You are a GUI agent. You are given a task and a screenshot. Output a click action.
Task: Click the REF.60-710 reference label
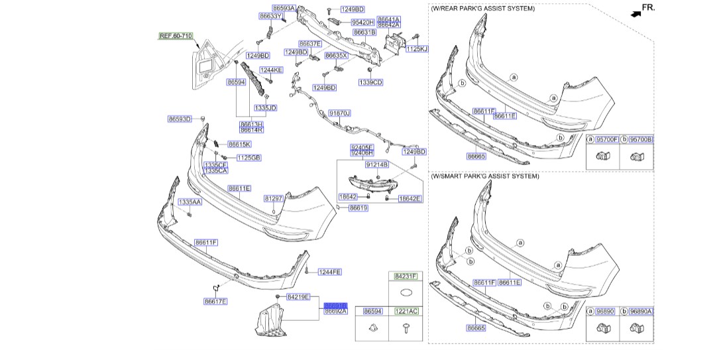click(176, 36)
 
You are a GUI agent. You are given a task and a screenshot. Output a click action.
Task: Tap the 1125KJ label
click(417, 49)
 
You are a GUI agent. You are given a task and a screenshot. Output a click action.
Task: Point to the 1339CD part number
click(370, 82)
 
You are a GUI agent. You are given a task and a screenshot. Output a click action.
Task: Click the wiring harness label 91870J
click(339, 113)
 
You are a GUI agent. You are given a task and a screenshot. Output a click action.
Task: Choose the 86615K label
click(239, 144)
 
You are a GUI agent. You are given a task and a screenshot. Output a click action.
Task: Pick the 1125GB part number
click(249, 157)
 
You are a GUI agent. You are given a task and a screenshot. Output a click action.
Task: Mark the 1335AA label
click(190, 202)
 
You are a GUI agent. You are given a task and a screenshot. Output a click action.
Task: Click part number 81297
click(274, 198)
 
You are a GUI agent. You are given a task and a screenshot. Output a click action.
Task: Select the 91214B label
click(376, 164)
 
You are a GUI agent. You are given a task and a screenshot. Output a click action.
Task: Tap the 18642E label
click(410, 198)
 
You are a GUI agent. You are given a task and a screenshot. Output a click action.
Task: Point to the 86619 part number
click(358, 208)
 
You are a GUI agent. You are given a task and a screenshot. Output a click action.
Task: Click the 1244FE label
click(329, 272)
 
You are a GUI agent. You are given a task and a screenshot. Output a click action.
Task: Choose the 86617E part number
click(215, 301)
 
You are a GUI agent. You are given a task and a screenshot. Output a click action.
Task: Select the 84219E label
click(298, 297)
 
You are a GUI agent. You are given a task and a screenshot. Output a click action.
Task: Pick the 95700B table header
click(641, 140)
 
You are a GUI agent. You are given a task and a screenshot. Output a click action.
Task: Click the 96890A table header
click(641, 311)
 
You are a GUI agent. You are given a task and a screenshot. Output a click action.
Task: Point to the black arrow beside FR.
click(636, 12)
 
